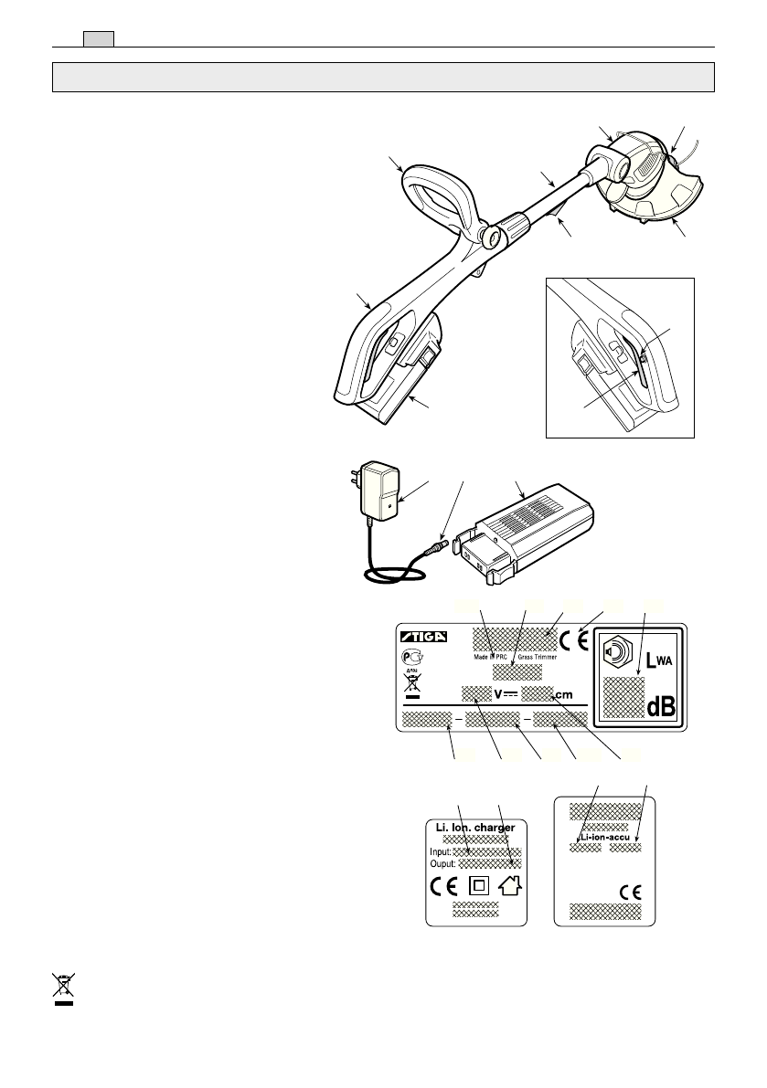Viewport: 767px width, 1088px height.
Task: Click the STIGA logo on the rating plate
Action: pos(425,637)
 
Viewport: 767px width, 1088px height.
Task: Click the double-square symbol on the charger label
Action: pos(477,885)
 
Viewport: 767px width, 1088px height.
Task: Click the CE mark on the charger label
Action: pos(444,885)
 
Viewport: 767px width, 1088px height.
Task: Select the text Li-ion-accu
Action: pos(605,835)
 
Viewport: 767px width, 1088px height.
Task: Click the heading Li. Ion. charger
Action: pos(476,827)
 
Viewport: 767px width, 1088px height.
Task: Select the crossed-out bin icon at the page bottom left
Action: pos(63,988)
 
